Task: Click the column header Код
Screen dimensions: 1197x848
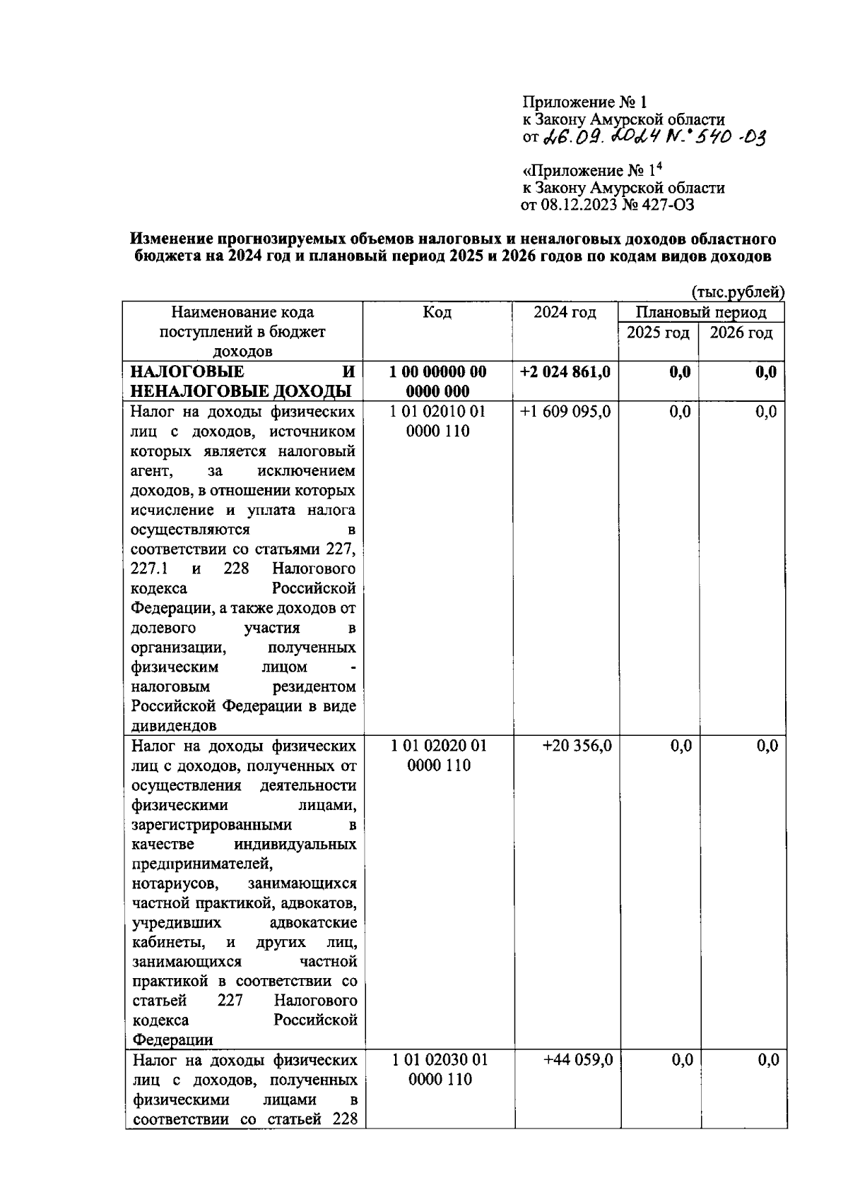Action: pyautogui.click(x=437, y=313)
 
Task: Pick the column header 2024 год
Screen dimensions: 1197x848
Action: pyautogui.click(x=565, y=313)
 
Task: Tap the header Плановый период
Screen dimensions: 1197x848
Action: pyautogui.click(x=700, y=313)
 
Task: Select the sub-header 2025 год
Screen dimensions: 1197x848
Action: pyautogui.click(x=658, y=333)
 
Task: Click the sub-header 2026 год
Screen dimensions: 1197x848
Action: pyautogui.click(x=741, y=333)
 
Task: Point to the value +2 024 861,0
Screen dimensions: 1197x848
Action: pyautogui.click(x=565, y=372)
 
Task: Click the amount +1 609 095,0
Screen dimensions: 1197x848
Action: pyautogui.click(x=565, y=412)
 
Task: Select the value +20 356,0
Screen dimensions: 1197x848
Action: pyautogui.click(x=577, y=746)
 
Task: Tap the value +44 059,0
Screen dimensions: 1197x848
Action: pyautogui.click(x=577, y=1060)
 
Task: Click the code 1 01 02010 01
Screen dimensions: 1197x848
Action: pyautogui.click(x=438, y=412)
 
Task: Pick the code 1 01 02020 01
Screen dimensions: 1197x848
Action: pyautogui.click(x=438, y=746)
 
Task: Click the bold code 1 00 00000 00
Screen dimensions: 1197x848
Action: pyautogui.click(x=438, y=372)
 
